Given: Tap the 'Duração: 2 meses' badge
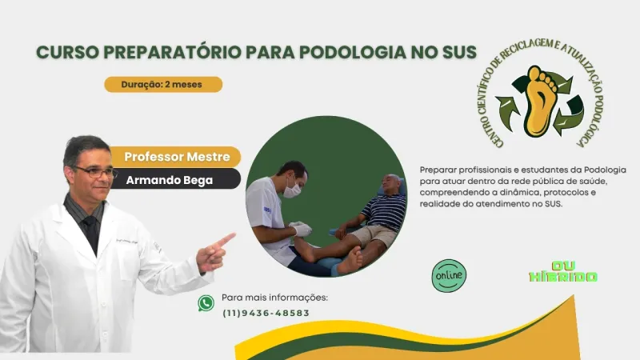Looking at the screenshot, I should [x=162, y=84].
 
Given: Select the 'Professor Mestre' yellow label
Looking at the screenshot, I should [x=177, y=157].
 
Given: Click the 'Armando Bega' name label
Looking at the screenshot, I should [x=170, y=180].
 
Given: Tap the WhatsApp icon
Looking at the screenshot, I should [x=206, y=303].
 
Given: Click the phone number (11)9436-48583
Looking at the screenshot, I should [x=266, y=313].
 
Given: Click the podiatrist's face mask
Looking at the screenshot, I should [x=293, y=190].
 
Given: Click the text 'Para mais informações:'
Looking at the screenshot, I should [x=274, y=298].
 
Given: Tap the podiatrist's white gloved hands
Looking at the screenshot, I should [x=300, y=229].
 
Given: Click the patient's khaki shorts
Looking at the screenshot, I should [x=374, y=234].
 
